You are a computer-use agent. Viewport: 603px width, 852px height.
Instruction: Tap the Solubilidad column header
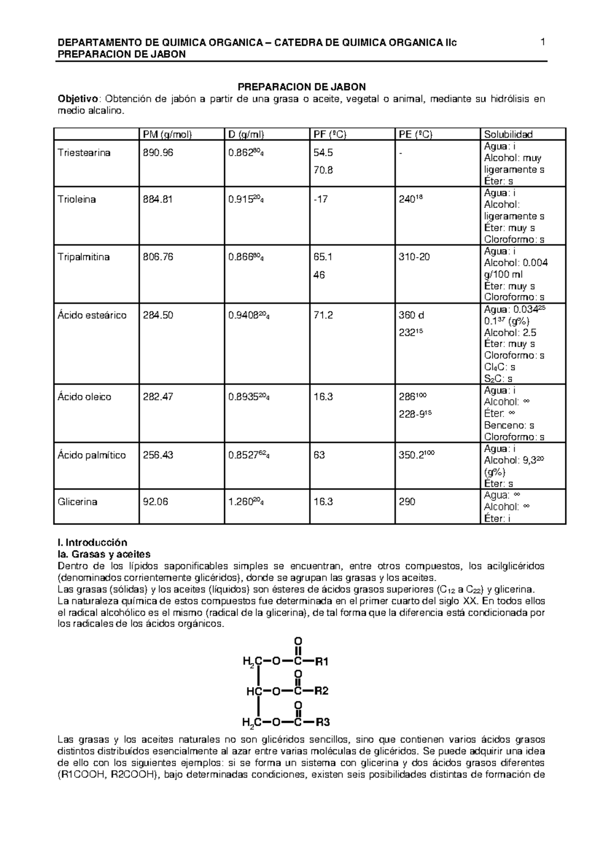tap(508, 134)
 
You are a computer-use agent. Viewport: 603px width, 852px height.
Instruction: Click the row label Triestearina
tap(84, 153)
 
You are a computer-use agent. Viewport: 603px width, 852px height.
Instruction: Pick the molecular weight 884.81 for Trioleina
tap(158, 199)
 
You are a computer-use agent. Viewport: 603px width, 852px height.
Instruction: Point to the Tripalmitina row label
tap(84, 257)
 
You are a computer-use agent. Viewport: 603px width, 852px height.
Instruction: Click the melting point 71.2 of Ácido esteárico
tap(323, 315)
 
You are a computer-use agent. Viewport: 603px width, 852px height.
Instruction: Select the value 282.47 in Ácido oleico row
tap(158, 397)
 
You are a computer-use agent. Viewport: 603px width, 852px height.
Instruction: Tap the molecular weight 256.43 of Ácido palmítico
tap(158, 455)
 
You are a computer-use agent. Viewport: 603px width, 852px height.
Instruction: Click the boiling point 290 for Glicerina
tap(407, 502)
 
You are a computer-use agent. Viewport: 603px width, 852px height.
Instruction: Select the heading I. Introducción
tap(93, 543)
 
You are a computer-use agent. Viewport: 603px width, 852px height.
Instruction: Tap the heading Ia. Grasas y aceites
tap(104, 555)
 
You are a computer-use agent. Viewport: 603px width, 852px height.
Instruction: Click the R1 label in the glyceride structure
tap(321, 661)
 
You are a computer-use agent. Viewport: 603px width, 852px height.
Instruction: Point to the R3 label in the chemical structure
tap(322, 723)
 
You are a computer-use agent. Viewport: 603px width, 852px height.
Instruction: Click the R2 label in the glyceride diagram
tap(321, 691)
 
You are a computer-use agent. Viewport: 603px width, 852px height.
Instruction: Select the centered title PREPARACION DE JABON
tap(301, 87)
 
